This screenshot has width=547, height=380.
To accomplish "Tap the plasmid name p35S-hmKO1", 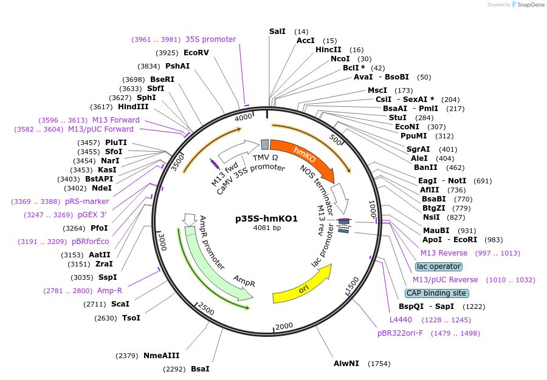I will [266, 219].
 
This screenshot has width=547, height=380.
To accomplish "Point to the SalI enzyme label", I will [277, 31].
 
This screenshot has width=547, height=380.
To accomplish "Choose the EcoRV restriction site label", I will [196, 53].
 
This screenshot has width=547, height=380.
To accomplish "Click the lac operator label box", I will [439, 266].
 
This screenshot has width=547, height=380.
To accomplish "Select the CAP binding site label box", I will [436, 293].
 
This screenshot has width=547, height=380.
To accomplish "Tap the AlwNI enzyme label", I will [346, 364].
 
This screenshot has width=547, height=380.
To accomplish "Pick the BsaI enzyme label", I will [200, 368].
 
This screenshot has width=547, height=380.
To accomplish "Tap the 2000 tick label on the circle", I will [284, 327].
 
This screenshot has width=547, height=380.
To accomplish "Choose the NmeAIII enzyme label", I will [161, 356].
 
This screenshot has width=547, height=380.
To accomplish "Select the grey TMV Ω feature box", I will [265, 144].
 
